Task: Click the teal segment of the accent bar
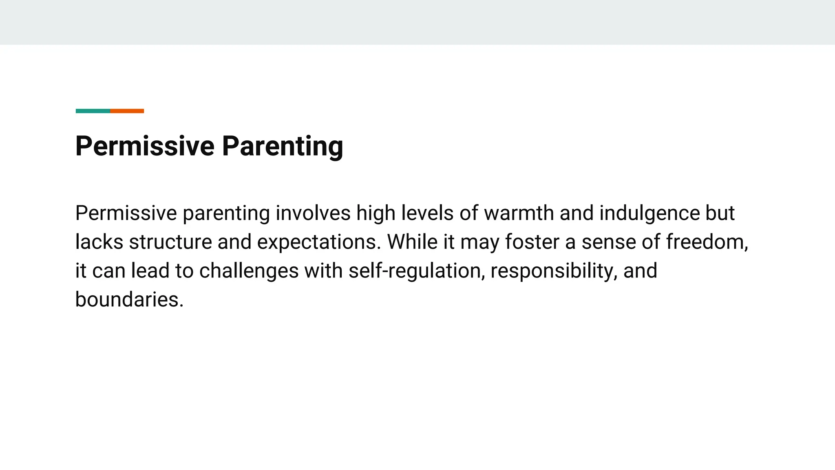(x=93, y=111)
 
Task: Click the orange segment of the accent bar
(x=127, y=111)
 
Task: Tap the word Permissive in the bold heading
(x=145, y=146)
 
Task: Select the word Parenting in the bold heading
(x=282, y=146)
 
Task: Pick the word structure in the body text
(x=170, y=242)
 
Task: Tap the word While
(x=412, y=242)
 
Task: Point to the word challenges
(x=249, y=271)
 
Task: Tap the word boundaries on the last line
(x=129, y=300)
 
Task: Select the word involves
(x=313, y=213)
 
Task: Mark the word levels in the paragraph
(x=427, y=213)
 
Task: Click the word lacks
(x=99, y=242)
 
